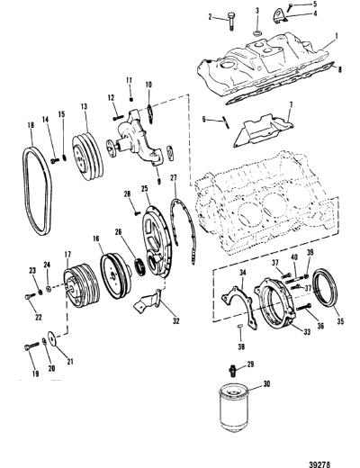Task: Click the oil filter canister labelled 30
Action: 234,408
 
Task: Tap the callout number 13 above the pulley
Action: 84,106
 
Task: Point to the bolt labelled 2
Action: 231,22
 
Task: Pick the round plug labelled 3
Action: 257,32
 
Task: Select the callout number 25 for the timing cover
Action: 145,189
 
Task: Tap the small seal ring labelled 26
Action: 140,265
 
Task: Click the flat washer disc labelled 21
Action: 52,338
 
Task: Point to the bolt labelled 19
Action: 31,346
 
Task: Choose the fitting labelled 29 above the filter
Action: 232,371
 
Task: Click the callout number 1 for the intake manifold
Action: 337,36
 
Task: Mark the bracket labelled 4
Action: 280,16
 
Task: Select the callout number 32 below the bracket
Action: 176,321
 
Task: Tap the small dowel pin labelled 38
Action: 240,326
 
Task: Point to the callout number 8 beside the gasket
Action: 339,69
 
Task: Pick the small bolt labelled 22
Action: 30,295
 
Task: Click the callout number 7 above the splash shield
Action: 291,105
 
